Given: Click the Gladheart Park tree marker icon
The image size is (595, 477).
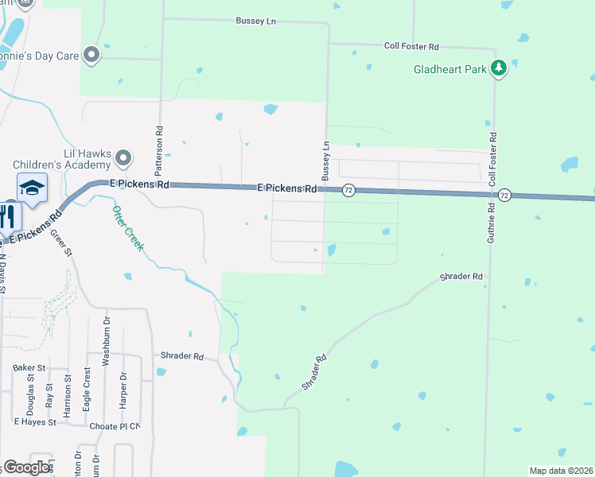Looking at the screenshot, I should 499,68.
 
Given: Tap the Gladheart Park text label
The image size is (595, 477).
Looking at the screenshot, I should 449,70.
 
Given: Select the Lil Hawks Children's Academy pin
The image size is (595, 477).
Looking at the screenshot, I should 123,158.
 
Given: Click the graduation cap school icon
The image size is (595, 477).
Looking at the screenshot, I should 32,188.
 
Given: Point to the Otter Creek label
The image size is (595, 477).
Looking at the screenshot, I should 127,228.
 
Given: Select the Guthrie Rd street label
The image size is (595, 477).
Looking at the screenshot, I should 492,230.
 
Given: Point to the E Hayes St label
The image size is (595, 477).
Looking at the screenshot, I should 34,422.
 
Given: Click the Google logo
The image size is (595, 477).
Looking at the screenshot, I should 27,467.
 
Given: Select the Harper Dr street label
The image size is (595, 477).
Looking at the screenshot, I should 123,390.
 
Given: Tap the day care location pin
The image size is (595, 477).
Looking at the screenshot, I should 91,55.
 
